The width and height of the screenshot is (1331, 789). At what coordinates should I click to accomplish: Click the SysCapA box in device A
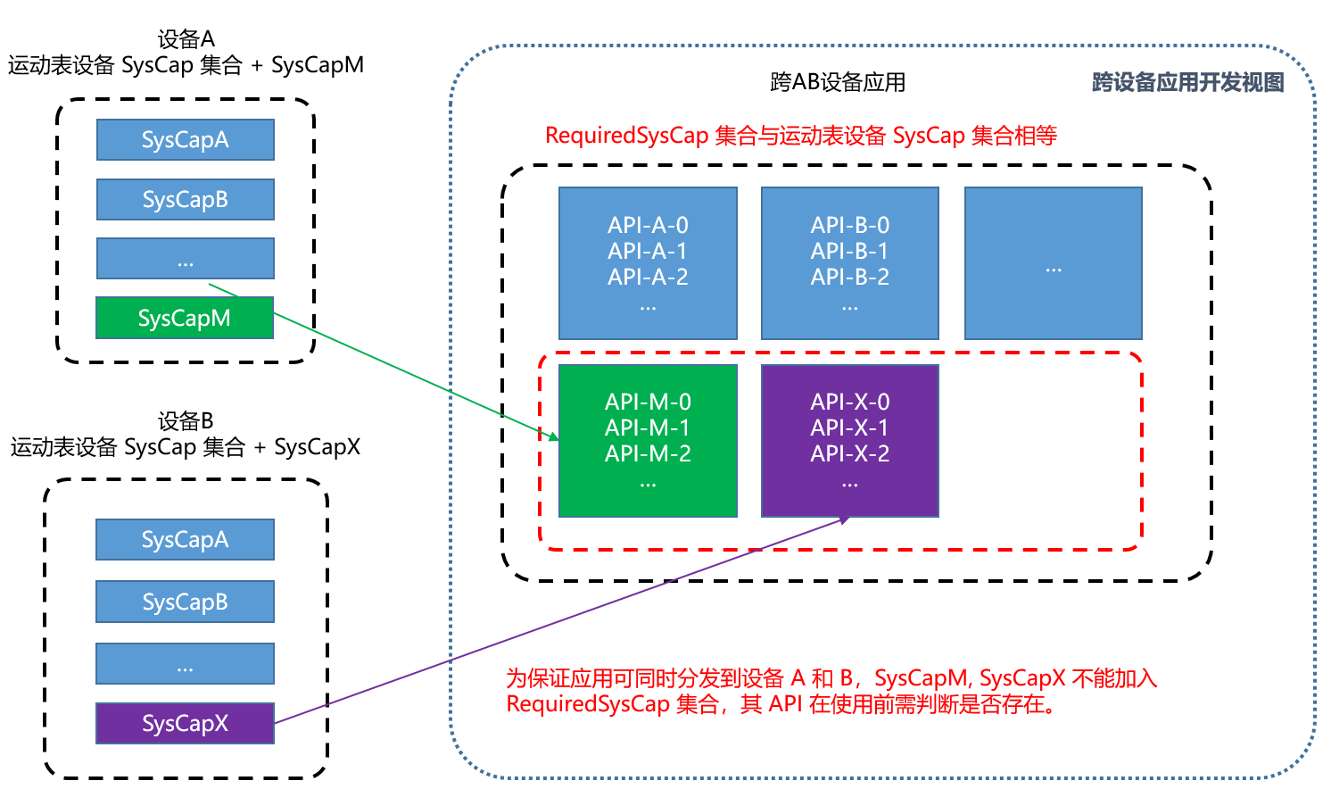186,140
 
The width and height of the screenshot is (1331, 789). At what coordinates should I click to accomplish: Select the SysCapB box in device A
186,199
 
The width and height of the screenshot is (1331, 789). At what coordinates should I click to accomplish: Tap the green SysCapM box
185,319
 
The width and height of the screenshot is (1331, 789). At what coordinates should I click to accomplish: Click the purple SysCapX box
185,723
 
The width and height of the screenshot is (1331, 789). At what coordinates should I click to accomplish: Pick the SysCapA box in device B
185,540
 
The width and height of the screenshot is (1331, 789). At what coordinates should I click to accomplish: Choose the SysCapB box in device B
185,602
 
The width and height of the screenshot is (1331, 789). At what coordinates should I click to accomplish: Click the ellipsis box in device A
186,259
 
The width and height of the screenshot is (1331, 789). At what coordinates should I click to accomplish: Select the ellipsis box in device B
185,663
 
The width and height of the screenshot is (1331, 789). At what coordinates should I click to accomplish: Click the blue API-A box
648,263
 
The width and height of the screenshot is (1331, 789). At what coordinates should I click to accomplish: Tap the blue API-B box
849,263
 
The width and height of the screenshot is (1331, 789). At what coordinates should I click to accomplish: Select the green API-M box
648,440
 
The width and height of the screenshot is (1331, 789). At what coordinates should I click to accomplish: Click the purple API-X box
849,440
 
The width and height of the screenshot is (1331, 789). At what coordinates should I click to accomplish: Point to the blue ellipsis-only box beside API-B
1053,263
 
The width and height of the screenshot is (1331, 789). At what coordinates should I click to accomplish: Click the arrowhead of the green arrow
553,437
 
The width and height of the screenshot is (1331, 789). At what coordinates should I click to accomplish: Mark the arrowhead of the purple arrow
843,519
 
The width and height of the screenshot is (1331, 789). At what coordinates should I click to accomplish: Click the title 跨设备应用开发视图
1187,82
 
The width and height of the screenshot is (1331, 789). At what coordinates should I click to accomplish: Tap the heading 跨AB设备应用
837,82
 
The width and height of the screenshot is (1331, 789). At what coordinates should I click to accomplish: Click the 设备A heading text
186,39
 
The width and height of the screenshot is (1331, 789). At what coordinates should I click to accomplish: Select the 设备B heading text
186,420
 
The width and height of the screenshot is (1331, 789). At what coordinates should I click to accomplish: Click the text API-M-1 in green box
648,428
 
